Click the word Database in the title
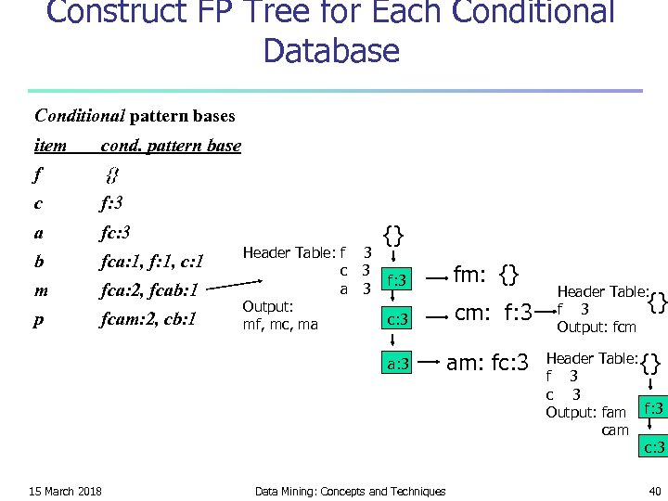click(x=331, y=49)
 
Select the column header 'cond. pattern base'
click(x=171, y=146)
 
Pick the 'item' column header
click(x=50, y=146)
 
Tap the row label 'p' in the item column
click(x=39, y=320)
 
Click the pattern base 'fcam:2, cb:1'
click(x=154, y=320)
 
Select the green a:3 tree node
click(x=397, y=364)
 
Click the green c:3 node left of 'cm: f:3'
click(x=397, y=319)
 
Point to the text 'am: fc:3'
click(x=487, y=362)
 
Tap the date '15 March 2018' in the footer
click(x=65, y=491)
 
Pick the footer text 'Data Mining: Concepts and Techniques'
click(x=350, y=491)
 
